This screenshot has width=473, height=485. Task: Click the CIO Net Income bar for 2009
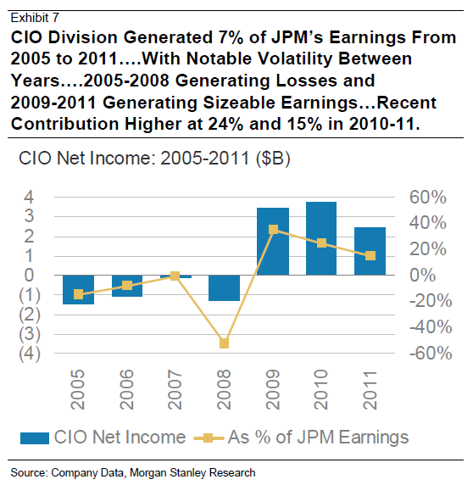point(273,242)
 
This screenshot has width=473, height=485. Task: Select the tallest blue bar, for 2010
point(321,238)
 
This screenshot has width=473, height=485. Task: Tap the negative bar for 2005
point(78,289)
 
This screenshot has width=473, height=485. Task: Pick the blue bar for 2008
point(224,287)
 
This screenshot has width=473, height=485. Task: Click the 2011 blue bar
point(370,251)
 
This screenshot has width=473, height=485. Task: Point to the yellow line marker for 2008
point(224,343)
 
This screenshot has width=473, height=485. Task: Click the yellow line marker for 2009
point(273,229)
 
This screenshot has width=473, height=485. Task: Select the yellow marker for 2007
point(175,276)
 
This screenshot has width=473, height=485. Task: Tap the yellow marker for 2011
point(370,255)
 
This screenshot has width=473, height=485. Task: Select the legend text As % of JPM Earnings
point(318,438)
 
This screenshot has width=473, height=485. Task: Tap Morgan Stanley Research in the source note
point(202,471)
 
